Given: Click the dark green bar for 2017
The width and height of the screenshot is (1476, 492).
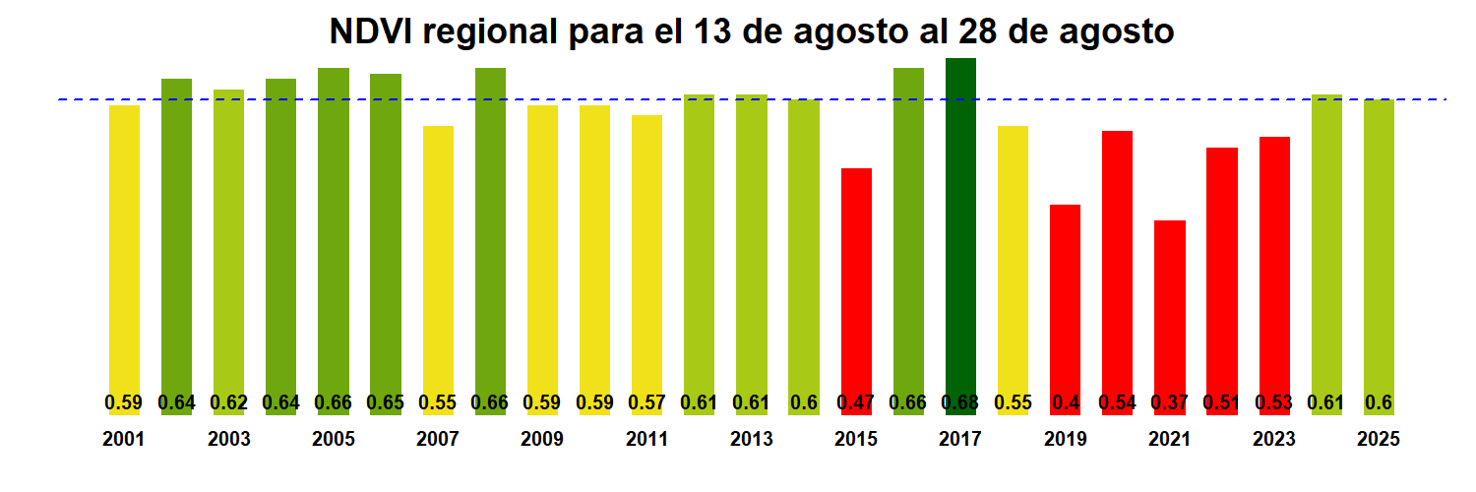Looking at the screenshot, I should (x=960, y=226).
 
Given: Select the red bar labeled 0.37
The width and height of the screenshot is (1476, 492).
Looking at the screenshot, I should (x=1170, y=305).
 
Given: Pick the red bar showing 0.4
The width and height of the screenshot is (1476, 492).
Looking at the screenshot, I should (x=1066, y=295).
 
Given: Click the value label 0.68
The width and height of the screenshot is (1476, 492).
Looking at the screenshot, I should (x=960, y=402).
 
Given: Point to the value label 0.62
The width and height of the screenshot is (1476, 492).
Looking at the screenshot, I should (x=228, y=402).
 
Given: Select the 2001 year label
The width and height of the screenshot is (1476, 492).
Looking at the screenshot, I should (x=124, y=440).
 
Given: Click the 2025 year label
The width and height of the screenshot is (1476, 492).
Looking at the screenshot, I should (x=1379, y=440).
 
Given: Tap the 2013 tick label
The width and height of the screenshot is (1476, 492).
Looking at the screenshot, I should (x=752, y=440).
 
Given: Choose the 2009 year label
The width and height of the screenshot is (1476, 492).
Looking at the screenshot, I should (x=542, y=440).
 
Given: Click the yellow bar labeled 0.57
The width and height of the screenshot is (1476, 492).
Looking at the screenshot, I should (x=646, y=256).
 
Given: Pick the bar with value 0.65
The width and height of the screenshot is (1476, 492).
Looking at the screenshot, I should (x=386, y=236).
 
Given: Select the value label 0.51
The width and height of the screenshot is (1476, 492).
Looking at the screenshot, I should (x=1222, y=402).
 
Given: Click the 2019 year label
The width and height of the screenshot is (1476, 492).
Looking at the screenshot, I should (x=1066, y=440).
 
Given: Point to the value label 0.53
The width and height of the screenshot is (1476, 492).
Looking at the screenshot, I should (x=1274, y=402).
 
